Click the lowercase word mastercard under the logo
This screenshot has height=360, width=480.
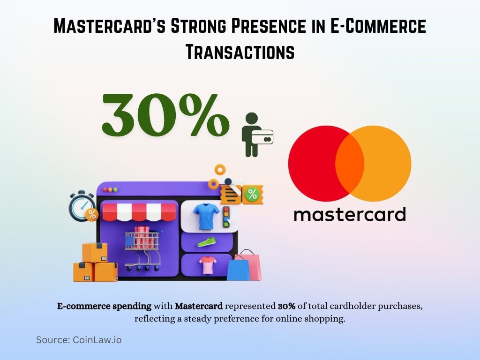pyautogui.click(x=349, y=214)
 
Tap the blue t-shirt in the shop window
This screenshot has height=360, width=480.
pyautogui.click(x=206, y=215)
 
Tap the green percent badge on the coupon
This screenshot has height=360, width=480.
pyautogui.click(x=252, y=194)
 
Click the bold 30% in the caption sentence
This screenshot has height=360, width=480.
pyautogui.click(x=286, y=307)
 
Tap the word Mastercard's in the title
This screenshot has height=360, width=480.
pyautogui.click(x=108, y=26)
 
